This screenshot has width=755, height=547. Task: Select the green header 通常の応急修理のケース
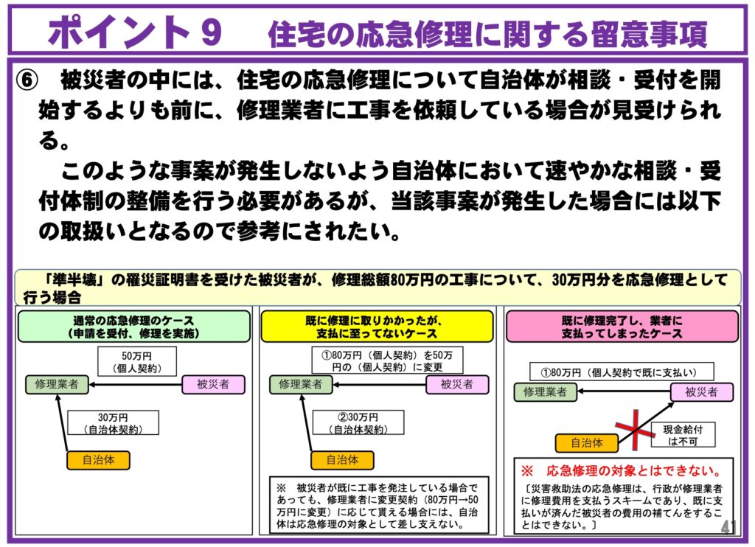click(x=133, y=327)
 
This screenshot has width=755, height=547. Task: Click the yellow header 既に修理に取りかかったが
click(x=377, y=327)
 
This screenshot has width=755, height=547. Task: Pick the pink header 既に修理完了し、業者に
click(x=622, y=327)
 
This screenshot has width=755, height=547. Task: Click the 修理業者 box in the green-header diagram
click(x=56, y=384)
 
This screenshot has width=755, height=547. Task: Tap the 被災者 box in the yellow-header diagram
click(x=457, y=384)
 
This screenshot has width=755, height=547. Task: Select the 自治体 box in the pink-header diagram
click(x=587, y=443)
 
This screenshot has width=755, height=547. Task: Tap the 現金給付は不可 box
click(x=682, y=436)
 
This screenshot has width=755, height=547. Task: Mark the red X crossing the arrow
click(x=636, y=428)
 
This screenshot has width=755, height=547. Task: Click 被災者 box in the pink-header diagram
click(x=701, y=392)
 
